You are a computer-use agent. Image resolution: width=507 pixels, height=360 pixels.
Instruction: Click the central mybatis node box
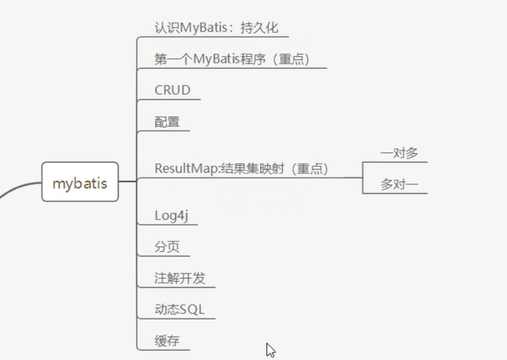pyautogui.click(x=80, y=183)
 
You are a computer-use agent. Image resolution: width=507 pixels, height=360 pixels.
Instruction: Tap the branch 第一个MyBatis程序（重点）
pyautogui.click(x=232, y=59)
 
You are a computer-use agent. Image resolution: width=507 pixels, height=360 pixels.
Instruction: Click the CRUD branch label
pyautogui.click(x=173, y=90)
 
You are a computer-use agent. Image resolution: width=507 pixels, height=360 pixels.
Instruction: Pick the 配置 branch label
pyautogui.click(x=167, y=122)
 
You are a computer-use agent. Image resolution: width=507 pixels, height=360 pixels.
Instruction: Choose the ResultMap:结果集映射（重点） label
pyautogui.click(x=241, y=169)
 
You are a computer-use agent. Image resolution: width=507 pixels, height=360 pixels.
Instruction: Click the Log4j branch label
pyautogui.click(x=171, y=216)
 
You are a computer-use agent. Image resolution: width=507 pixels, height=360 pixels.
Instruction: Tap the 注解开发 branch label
pyautogui.click(x=180, y=278)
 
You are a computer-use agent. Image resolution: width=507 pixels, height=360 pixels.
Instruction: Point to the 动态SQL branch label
pyautogui.click(x=180, y=309)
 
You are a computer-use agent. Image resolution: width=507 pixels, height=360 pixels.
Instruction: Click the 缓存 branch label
pyautogui.click(x=167, y=341)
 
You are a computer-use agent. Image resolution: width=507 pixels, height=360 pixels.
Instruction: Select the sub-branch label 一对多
pyautogui.click(x=399, y=153)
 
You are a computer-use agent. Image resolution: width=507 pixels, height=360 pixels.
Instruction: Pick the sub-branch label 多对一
pyautogui.click(x=399, y=184)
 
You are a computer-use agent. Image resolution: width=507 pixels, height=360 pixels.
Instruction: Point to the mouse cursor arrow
pyautogui.click(x=270, y=349)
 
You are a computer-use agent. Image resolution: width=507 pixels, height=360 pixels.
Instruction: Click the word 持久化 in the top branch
pyautogui.click(x=268, y=28)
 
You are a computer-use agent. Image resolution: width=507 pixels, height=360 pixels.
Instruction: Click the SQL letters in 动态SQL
pyautogui.click(x=193, y=309)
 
